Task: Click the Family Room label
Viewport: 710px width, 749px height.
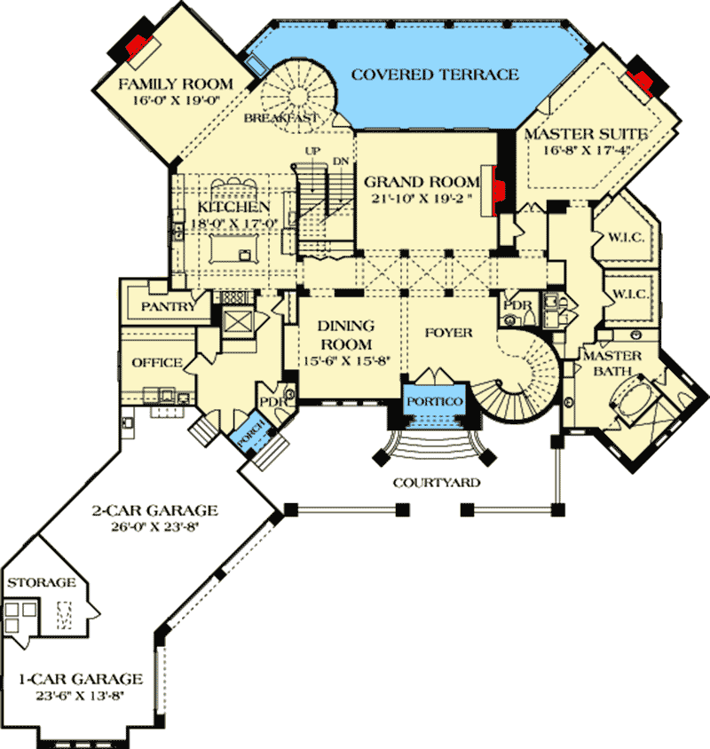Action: [x=176, y=84]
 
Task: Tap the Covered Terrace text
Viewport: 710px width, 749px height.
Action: [x=435, y=74]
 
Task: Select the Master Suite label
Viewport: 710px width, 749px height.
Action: [x=587, y=134]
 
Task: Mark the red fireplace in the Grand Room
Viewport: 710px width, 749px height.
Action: [x=500, y=188]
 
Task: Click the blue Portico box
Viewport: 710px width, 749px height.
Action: [x=435, y=402]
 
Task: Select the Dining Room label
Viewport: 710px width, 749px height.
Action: [x=345, y=335]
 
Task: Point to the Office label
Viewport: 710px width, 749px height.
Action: [x=157, y=362]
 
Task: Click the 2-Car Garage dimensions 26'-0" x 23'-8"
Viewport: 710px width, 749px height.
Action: [x=154, y=526]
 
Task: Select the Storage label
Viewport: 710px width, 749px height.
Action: [x=42, y=582]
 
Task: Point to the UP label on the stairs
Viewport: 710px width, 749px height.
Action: [x=312, y=151]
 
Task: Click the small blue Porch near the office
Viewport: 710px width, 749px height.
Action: [x=242, y=436]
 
